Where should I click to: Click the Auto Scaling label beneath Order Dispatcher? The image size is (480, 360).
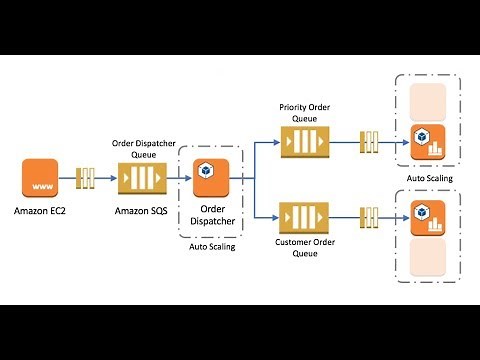click(x=212, y=246)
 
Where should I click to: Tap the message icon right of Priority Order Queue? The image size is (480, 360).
click(x=366, y=141)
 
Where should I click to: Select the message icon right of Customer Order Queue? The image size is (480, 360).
click(x=366, y=217)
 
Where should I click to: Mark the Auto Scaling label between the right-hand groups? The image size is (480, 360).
click(x=430, y=179)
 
